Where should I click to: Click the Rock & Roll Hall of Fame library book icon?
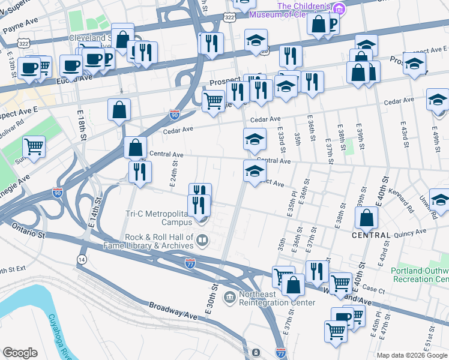[x=203, y=241]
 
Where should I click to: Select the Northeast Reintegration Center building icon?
[x=229, y=298]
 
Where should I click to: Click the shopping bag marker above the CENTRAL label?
[x=366, y=218]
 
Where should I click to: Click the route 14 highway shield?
[x=82, y=258]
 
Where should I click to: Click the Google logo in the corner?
[x=20, y=353]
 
